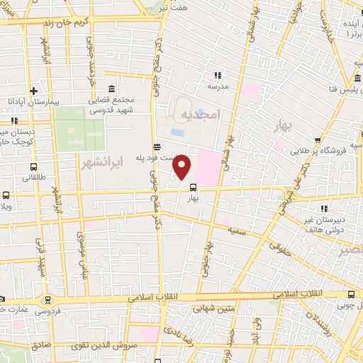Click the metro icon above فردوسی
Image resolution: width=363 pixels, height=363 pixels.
click(x=47, y=301)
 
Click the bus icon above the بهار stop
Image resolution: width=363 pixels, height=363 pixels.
click(x=192, y=187)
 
